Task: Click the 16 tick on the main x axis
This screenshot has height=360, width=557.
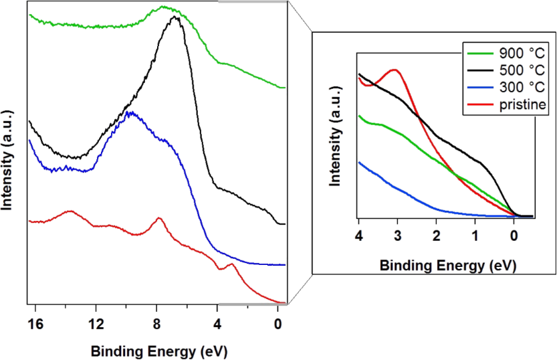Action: (x=36, y=325)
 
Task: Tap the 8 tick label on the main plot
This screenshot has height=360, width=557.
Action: (x=156, y=325)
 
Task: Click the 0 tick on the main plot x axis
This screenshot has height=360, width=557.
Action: (x=277, y=325)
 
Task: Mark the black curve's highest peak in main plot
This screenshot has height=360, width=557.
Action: (x=176, y=17)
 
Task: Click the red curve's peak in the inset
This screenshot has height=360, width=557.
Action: (x=395, y=70)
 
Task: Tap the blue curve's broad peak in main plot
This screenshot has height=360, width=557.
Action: (x=132, y=112)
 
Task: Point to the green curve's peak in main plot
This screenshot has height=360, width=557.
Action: (x=165, y=8)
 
